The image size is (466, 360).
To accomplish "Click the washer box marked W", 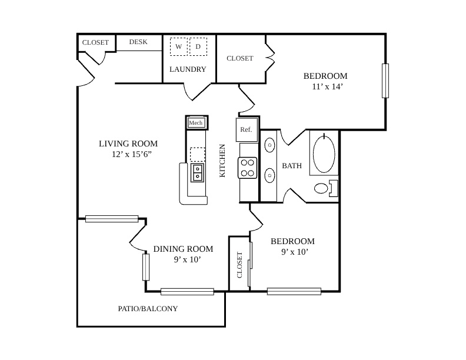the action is coord(179,46).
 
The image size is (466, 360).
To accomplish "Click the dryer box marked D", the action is coord(198,46).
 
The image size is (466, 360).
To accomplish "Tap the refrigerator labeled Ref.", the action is coord(247,129).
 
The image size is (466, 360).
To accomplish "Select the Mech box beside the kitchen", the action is coord(197,123).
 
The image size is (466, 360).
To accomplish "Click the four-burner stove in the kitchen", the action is coord(247,168).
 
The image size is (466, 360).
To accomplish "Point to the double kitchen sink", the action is coord(197,172).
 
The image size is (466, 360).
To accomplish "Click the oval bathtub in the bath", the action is coord(324,154).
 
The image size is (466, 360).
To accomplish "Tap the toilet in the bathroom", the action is coord(327,188).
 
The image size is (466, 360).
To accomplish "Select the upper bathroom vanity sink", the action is coord(269,145).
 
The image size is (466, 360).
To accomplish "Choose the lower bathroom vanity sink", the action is coord(269,175).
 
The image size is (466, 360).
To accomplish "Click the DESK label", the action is coord(138,42).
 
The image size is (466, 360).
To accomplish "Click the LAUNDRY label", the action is coord(188,69).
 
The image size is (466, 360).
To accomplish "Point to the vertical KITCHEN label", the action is coord(222,161).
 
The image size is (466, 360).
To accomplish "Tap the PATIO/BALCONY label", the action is coord(148,309).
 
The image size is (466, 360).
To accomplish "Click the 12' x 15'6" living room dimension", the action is coord(132,154).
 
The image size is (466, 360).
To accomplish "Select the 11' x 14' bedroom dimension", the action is coord(328,86).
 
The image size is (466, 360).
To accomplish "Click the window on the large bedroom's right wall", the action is coord(385,81).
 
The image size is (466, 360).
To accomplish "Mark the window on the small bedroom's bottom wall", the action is coord(294,291).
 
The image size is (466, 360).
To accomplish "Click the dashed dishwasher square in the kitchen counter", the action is coord(197,155).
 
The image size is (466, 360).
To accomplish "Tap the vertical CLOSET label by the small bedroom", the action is coord(239,265).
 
